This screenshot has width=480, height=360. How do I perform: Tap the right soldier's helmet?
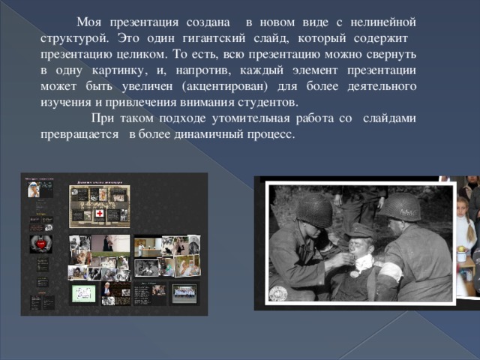coord(398,208)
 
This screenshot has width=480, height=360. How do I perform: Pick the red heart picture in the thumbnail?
coord(39,244)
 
